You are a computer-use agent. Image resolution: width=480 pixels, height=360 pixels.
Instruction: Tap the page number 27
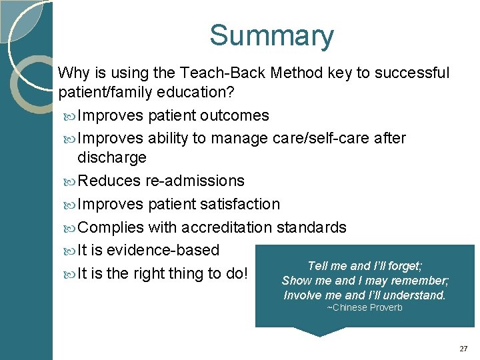464,349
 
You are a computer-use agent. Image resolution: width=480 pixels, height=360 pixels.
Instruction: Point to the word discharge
112,157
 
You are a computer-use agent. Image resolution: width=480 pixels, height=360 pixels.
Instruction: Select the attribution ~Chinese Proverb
365,307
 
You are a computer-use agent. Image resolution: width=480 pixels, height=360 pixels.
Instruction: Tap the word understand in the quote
413,295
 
